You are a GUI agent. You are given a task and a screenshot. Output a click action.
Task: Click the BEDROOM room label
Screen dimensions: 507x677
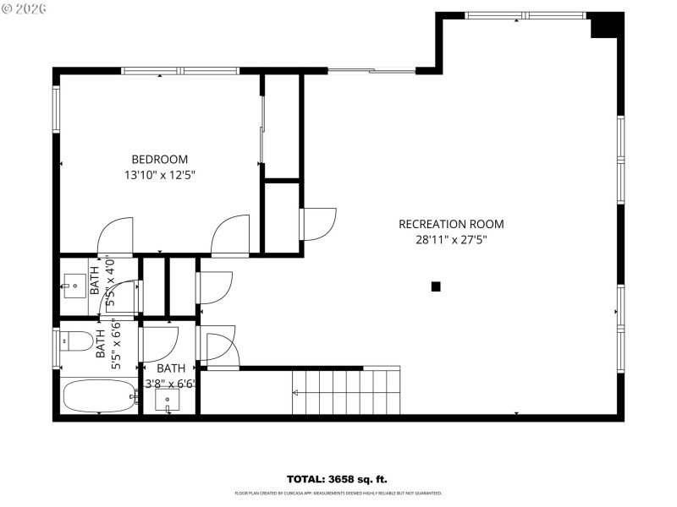click(x=159, y=159)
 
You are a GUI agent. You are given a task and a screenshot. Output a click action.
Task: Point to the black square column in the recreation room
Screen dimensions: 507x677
click(x=436, y=286)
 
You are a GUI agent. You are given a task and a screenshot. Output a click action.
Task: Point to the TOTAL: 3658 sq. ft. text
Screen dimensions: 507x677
click(x=337, y=479)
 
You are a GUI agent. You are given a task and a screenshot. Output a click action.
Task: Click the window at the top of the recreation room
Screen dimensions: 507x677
click(x=525, y=15)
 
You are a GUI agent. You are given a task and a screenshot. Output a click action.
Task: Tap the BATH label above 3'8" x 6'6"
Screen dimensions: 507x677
click(x=170, y=368)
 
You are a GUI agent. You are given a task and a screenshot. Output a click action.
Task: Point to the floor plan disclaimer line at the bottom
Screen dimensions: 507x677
click(x=338, y=493)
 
